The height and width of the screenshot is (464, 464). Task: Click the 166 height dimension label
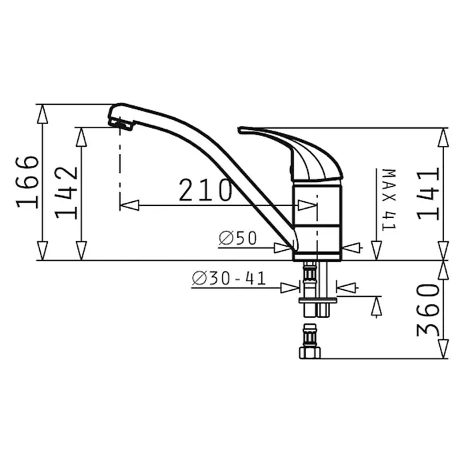point(27,182)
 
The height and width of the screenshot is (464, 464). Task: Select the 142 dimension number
point(66,193)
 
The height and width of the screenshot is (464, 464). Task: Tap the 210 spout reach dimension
point(205,190)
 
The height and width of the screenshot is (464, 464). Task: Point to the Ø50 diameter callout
point(237,238)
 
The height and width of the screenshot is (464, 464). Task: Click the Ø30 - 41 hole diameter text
point(229,279)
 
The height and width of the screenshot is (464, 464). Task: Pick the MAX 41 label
point(389,200)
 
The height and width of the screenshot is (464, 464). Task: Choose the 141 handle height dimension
point(428,194)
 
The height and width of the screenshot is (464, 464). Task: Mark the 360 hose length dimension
point(428,310)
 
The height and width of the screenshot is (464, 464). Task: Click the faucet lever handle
point(291,154)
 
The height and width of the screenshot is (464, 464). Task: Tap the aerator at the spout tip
point(121,124)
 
